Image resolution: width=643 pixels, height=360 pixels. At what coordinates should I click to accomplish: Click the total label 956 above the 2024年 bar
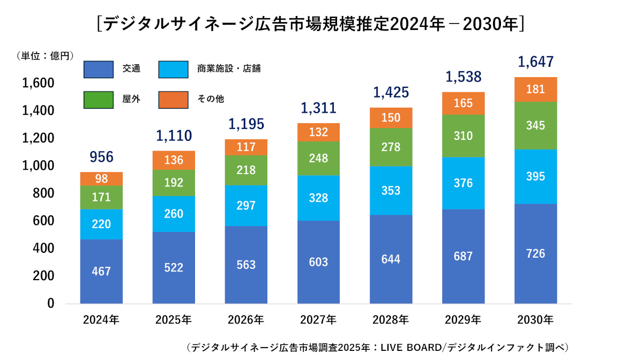pos(101,157)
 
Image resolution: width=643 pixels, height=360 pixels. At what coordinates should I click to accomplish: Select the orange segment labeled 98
pos(101,179)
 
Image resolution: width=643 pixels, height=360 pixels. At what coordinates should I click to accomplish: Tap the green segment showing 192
pos(174,183)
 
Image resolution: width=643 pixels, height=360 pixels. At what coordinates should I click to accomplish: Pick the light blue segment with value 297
pos(246,206)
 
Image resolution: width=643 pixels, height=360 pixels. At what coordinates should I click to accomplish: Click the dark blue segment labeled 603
pos(318,262)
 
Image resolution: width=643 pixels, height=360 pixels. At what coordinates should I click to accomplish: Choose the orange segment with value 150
pos(391,118)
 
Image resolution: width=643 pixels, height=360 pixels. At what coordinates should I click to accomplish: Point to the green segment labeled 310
pos(463,136)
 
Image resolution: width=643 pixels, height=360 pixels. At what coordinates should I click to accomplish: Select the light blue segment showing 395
pos(536,177)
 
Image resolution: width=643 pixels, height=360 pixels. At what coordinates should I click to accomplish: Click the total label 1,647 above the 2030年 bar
pos(536,62)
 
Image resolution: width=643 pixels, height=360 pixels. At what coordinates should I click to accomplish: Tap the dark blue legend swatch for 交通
pos(99,70)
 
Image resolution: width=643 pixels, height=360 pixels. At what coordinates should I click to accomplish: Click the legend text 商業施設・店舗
pos(229,69)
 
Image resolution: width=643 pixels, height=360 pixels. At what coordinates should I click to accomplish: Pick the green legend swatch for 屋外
pos(99,100)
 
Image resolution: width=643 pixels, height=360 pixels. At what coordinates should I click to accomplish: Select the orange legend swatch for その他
pos(174,100)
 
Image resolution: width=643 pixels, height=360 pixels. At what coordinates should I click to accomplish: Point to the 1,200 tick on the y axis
pos(38,138)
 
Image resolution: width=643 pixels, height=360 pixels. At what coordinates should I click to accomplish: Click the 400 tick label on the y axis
pos(43,249)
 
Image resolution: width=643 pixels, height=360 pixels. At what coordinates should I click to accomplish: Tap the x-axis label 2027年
pos(318,320)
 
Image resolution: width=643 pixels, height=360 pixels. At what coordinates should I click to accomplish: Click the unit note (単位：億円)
pos(45,56)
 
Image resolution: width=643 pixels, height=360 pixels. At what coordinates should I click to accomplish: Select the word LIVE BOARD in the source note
pos(411,348)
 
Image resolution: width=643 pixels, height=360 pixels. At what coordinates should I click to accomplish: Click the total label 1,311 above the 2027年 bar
pos(318,108)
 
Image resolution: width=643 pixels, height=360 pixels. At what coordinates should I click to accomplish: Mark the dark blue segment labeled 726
pos(536,254)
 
